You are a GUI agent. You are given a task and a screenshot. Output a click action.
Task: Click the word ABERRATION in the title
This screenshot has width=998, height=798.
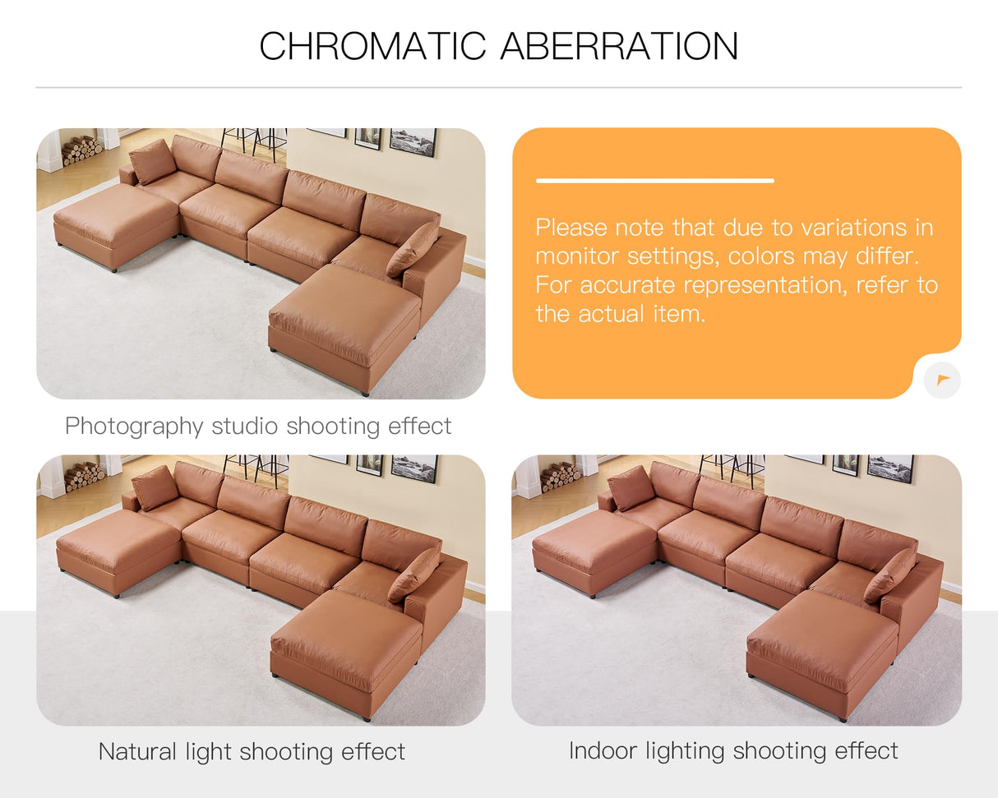coord(619,46)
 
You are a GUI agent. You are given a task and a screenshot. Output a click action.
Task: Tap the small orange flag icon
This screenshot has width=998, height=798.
coord(942,380)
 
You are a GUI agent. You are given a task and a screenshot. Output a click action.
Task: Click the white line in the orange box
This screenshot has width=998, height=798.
coord(654,181)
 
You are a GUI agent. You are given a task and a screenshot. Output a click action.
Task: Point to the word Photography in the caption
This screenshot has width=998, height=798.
coord(134,426)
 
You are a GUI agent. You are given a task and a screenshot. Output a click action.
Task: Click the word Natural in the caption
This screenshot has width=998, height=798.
coord(136,751)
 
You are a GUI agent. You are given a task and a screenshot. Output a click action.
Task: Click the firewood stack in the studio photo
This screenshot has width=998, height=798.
coord(81,149)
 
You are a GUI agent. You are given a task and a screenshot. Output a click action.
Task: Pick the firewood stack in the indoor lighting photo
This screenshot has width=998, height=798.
coord(560,476)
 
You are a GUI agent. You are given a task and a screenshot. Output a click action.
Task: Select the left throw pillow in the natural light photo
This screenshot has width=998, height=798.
coord(155,487)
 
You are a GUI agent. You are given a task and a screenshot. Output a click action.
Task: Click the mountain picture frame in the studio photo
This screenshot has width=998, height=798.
coord(412,141)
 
